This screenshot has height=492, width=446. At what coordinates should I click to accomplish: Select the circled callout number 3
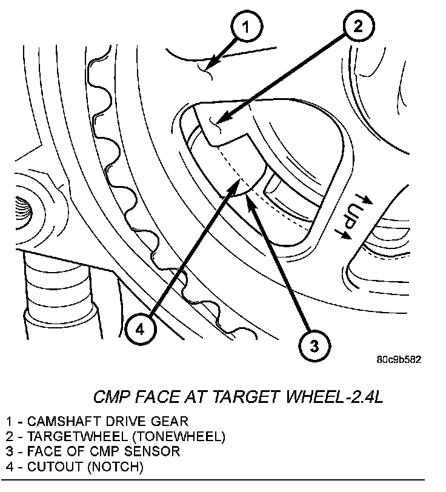click(315, 346)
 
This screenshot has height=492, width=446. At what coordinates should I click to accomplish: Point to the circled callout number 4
click(139, 329)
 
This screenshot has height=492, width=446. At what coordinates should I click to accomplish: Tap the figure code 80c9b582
click(398, 359)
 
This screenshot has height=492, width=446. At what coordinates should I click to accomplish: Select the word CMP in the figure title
click(111, 397)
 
